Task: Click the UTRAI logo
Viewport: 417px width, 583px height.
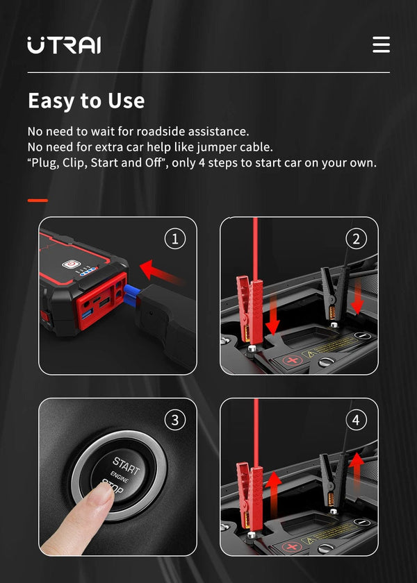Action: pos(64,45)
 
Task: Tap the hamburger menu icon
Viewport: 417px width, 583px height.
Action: pos(381,44)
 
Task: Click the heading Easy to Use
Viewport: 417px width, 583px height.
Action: pos(86,101)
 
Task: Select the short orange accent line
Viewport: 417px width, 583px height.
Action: pos(38,200)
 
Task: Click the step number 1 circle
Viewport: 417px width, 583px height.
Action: pos(174,239)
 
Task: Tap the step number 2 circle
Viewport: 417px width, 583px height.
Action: pos(356,239)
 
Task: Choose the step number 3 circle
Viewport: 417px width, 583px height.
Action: pos(174,420)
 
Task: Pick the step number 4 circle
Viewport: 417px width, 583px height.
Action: pos(356,420)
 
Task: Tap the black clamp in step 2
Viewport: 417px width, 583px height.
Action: pos(329,292)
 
